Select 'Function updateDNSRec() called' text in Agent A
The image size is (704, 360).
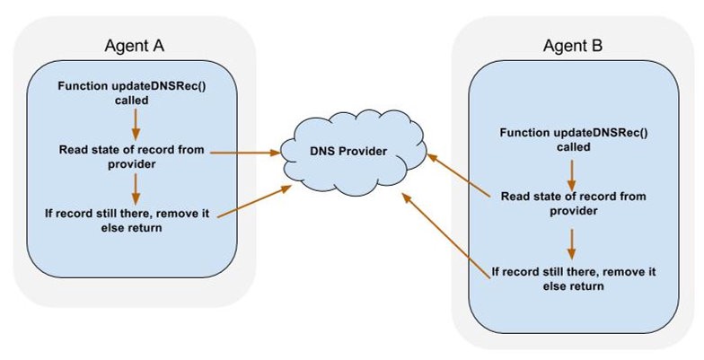tap(133, 92)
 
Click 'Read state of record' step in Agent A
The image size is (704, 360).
tap(133, 155)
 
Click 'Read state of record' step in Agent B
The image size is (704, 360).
tap(572, 203)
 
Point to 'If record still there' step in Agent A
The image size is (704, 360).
tap(133, 219)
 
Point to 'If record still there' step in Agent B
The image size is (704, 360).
tap(572, 277)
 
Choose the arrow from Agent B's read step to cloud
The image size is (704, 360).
tap(458, 174)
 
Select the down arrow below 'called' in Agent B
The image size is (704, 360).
tap(572, 168)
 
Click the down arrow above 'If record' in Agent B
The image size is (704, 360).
tap(572, 242)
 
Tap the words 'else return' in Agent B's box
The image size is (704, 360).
tap(572, 286)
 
